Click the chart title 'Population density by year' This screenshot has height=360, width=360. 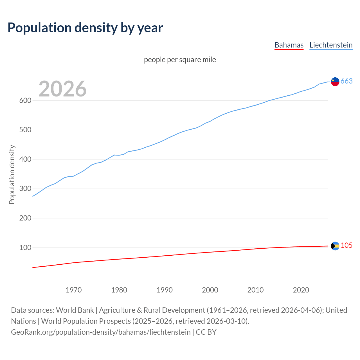click(85, 28)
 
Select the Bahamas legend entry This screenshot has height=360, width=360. click(289, 45)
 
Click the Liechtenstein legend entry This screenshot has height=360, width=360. click(331, 45)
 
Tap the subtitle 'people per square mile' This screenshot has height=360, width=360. click(180, 60)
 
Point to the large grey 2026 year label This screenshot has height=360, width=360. click(62, 89)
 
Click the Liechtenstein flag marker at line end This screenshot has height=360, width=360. click(335, 82)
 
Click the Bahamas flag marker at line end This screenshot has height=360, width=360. click(335, 246)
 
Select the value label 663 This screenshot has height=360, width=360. click(346, 81)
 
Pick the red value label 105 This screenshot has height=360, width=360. click(346, 246)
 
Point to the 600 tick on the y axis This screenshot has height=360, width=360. click(25, 100)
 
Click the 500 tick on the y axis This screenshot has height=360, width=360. click(25, 130)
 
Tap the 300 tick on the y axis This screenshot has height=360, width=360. click(25, 189)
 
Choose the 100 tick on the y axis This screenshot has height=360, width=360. click(25, 247)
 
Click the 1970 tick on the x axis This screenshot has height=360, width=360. click(74, 290)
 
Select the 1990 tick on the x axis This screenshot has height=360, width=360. click(165, 290)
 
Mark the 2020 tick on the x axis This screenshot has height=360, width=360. click(301, 290)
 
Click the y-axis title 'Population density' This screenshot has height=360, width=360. click(12, 174)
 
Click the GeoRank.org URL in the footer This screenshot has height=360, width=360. click(101, 332)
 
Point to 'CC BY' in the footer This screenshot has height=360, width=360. click(206, 332)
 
